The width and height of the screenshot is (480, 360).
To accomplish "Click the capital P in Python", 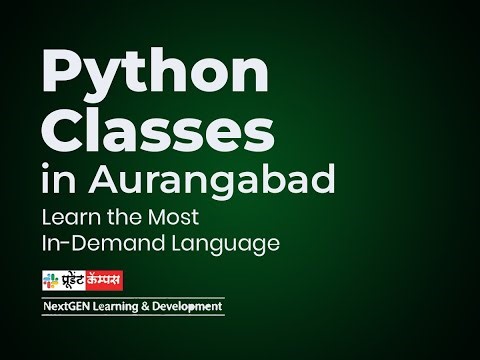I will pyautogui.click(x=59, y=75).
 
